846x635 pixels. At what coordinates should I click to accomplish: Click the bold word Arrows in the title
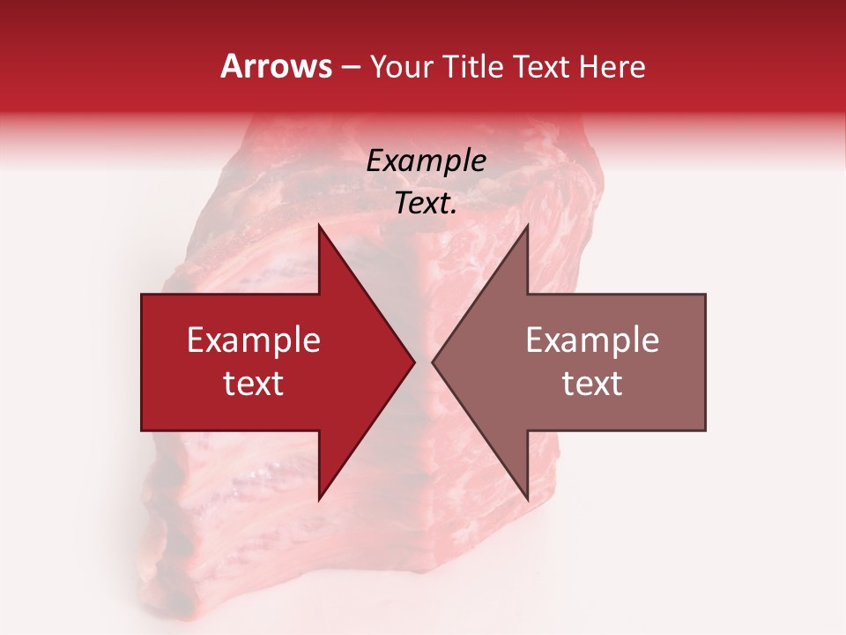tap(277, 66)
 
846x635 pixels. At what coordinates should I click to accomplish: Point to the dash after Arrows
tap(350, 68)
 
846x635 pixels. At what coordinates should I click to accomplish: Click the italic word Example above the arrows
tap(427, 161)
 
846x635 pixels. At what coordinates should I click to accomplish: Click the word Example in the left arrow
tap(254, 340)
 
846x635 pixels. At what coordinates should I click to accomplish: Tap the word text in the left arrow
tap(254, 383)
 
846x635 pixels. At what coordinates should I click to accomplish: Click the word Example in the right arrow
tap(592, 340)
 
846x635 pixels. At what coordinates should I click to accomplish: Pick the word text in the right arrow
tap(592, 383)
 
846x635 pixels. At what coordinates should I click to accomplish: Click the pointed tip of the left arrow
tap(413, 362)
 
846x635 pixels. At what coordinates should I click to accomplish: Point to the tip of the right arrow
tap(433, 362)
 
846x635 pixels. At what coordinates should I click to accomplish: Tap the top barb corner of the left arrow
tap(319, 226)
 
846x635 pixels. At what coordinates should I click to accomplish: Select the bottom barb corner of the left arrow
tap(319, 499)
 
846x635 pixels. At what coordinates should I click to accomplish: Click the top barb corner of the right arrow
tap(527, 226)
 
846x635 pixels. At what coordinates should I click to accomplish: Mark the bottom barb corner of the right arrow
tap(527, 499)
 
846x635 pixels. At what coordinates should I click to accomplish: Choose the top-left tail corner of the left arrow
tap(143, 295)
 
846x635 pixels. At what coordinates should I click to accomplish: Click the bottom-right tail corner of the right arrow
tap(704, 430)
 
